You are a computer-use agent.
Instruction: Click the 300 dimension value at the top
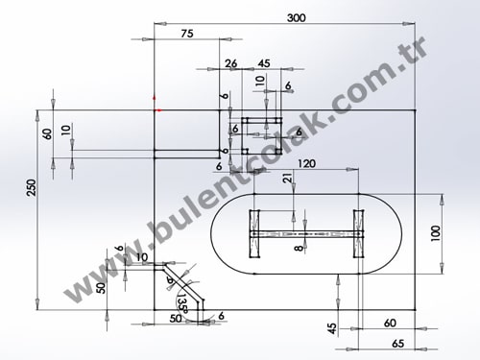pos(296,18)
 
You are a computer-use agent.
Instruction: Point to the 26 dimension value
pos(230,63)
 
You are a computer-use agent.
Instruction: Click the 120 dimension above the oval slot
pos(307,163)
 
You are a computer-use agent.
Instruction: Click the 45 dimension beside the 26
pos(263,63)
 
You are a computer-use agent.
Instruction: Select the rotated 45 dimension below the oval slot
pos(332,327)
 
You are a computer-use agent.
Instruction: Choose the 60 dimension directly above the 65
pos(390,324)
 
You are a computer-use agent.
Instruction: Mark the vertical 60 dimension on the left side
pos(46,133)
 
